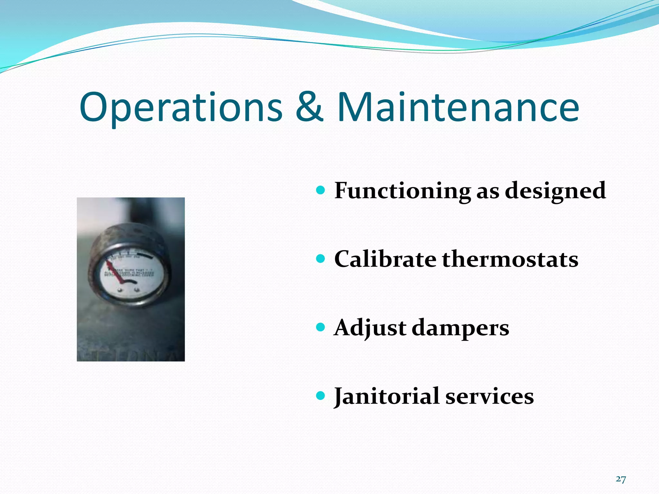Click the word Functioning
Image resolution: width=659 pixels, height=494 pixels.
tap(402, 191)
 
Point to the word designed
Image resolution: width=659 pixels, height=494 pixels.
tap(555, 191)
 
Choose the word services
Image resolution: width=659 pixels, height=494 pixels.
tap(489, 396)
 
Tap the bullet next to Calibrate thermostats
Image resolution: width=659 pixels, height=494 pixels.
tap(320, 259)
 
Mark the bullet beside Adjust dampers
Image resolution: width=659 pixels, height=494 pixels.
tap(320, 327)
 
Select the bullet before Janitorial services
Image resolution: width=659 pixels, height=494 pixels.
tap(320, 396)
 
